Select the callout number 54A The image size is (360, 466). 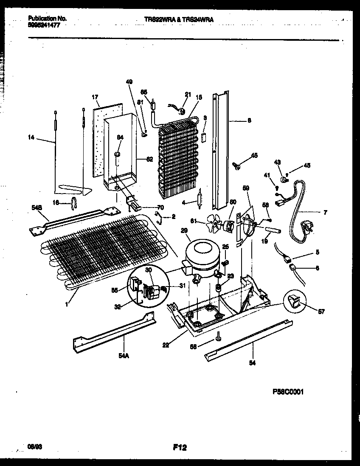pyautogui.click(x=124, y=357)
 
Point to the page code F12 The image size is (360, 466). pyautogui.click(x=180, y=447)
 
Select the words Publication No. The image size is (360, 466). pyautogui.click(x=47, y=19)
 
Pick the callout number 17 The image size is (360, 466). pyautogui.click(x=95, y=97)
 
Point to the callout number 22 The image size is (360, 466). pyautogui.click(x=166, y=345)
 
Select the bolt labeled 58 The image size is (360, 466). pyautogui.click(x=217, y=337)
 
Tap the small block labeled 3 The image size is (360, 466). pyautogui.click(x=204, y=137)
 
